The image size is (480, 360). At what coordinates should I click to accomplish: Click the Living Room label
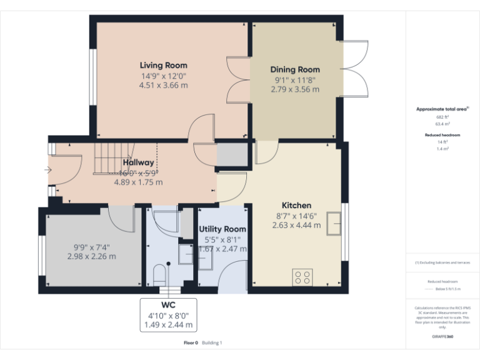click(x=163, y=65)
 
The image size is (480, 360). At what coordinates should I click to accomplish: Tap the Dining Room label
click(x=295, y=69)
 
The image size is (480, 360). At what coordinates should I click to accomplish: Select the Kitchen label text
click(x=296, y=205)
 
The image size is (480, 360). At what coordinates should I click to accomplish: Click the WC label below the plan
click(x=167, y=306)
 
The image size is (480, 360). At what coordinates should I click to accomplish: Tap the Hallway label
click(x=138, y=162)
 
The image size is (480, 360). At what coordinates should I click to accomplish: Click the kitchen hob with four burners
click(x=303, y=276)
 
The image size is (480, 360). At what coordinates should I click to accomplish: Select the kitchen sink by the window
click(x=334, y=222)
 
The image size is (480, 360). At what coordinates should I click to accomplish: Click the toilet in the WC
click(x=159, y=274)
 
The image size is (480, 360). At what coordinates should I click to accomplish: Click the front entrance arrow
click(x=48, y=169)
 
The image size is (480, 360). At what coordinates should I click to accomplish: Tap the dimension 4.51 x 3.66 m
click(x=163, y=86)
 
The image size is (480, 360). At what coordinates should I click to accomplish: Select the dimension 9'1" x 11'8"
click(x=295, y=80)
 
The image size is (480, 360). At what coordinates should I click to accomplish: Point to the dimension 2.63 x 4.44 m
click(x=296, y=225)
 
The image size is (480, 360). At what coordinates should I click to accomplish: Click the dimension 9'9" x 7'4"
click(x=91, y=246)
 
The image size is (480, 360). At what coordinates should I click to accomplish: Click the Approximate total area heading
click(x=442, y=109)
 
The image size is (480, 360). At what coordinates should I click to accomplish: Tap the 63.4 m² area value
click(x=442, y=124)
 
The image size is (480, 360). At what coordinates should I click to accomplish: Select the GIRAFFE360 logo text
click(x=442, y=336)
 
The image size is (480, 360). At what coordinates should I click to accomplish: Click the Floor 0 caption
click(x=191, y=342)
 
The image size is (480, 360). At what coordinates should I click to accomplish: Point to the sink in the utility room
click(x=186, y=253)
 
